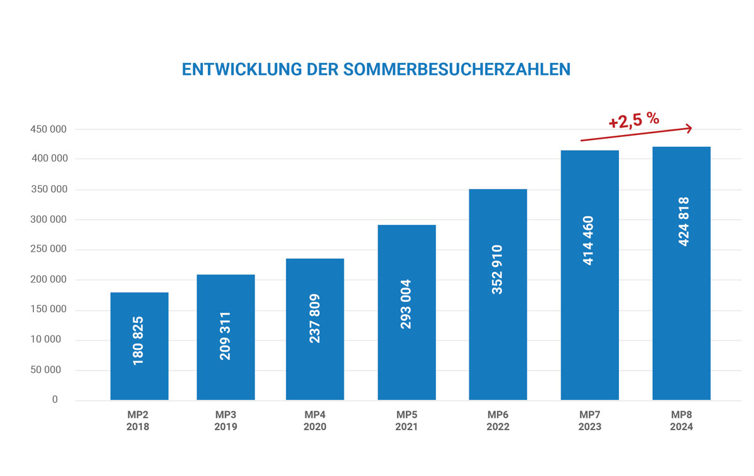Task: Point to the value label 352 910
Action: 497,269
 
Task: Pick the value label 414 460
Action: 589,240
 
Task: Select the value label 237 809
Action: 315,318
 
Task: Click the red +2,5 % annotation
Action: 633,120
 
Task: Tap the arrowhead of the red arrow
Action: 689,129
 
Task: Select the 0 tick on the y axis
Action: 55,399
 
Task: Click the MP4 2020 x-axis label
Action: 315,421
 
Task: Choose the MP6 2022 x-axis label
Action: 498,421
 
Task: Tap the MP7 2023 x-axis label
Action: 589,421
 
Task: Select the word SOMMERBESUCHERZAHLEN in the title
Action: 458,70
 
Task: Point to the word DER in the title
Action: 323,70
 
